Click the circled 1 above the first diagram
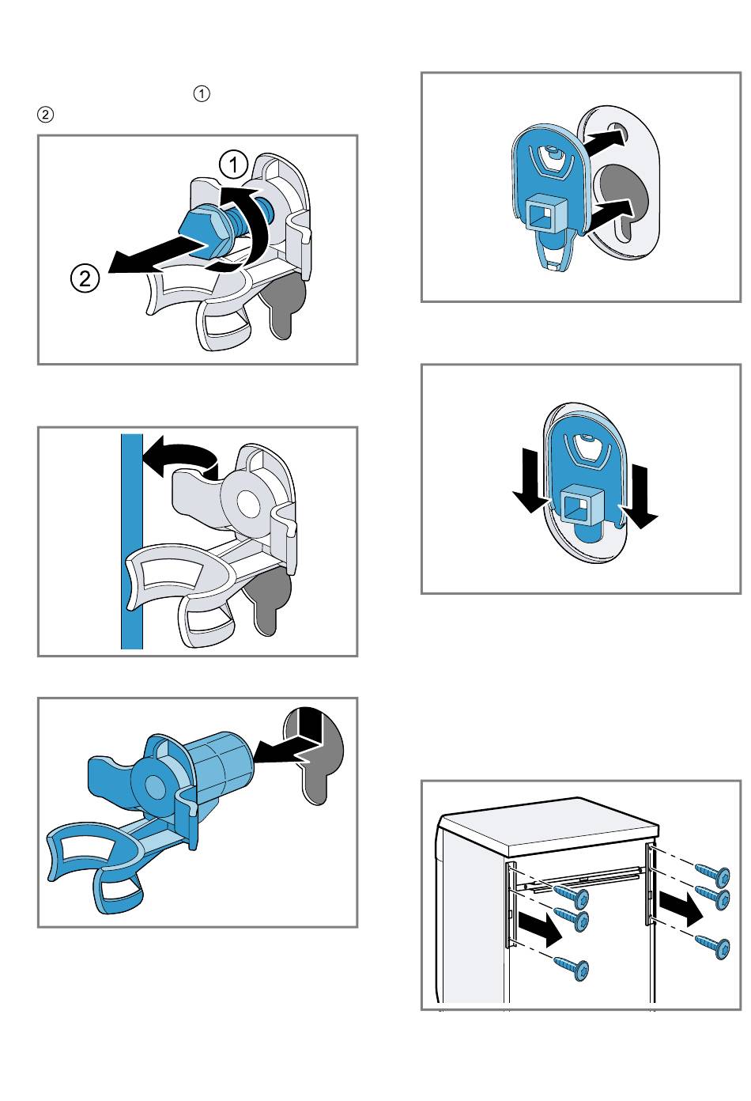point(202,93)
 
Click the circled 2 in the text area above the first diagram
point(46,115)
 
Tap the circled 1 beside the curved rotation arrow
point(234,165)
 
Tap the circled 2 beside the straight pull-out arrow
point(85,278)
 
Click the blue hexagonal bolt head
point(199,230)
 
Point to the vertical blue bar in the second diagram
point(132,541)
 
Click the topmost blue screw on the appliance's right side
point(713,874)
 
